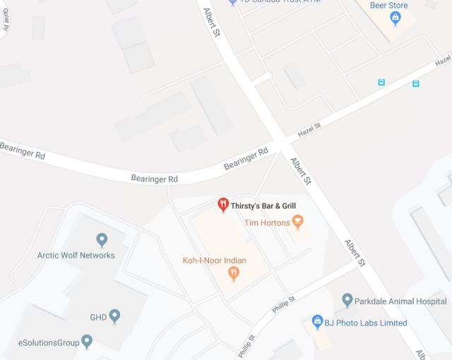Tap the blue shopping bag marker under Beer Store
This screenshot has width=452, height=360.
(x=395, y=17)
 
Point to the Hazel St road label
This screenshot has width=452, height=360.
(x=309, y=130)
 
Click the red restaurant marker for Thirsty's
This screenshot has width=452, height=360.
(x=222, y=205)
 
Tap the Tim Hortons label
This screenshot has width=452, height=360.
(x=267, y=223)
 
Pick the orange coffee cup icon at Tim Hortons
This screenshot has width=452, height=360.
(x=298, y=222)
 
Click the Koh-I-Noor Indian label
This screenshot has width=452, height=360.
(x=214, y=260)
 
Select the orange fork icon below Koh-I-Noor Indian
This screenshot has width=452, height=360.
(x=234, y=274)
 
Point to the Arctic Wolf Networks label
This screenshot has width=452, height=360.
(x=76, y=255)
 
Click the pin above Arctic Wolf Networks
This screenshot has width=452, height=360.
(x=102, y=240)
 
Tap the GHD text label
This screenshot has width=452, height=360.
(x=97, y=317)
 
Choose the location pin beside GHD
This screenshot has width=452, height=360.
(x=115, y=316)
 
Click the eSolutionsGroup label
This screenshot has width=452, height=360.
(x=48, y=343)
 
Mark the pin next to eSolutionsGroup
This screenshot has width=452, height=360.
(x=87, y=342)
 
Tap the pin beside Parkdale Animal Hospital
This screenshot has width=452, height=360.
(x=347, y=300)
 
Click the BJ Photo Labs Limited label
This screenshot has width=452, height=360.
(x=366, y=323)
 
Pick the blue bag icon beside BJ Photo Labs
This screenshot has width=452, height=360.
(x=318, y=322)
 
